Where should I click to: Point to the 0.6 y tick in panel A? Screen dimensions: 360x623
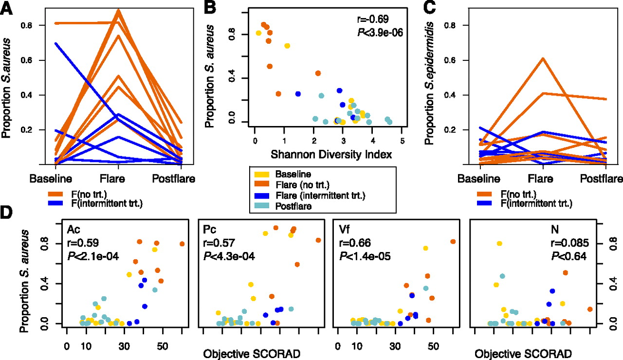tap(34, 60)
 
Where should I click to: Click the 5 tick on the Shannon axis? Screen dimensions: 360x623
tap(402, 141)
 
